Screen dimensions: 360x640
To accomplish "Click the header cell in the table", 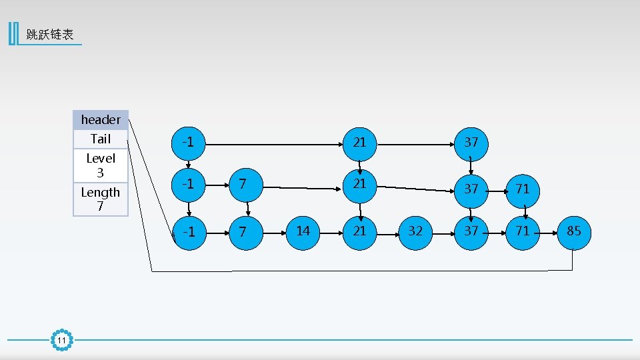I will pos(101,119).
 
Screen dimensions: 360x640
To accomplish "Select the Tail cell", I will pos(101,139).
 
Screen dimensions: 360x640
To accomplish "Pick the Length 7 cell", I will pos(101,199).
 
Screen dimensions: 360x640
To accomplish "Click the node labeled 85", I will pos(574,231).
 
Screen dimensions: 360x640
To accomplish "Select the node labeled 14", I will pos(303,231).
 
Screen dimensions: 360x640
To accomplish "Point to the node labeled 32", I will pos(415,231).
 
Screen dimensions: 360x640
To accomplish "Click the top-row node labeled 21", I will pos(359,142).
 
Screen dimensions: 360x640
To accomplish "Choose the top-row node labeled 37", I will pos(471,142).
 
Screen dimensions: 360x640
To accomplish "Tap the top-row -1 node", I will pos(189,142).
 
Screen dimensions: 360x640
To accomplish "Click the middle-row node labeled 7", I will pos(244,183).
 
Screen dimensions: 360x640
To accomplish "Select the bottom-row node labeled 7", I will pos(244,231).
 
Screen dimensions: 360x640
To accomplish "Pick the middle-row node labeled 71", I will pos(523,189).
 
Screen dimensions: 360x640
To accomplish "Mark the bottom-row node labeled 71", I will pos(523,231).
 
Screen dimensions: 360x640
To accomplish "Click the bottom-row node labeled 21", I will pos(359,231).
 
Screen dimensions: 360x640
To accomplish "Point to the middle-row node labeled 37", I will pos(471,189).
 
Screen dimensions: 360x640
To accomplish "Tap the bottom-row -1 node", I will pos(189,231).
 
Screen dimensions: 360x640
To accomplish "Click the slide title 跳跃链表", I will pos(50,35).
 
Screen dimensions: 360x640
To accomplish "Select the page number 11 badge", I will pos(61,341).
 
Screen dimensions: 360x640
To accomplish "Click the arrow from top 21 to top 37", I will pos(415,143).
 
